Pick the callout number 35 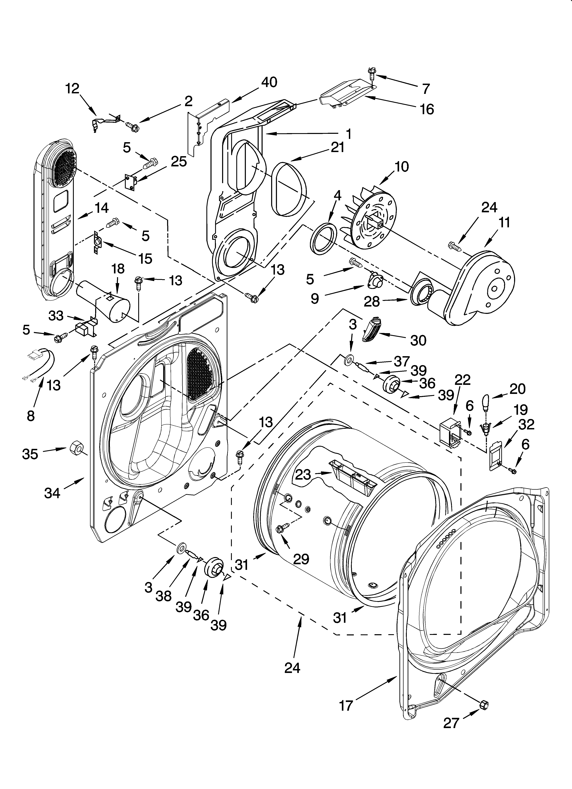coord(30,454)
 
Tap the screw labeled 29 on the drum coord(280,530)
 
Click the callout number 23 coord(303,474)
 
